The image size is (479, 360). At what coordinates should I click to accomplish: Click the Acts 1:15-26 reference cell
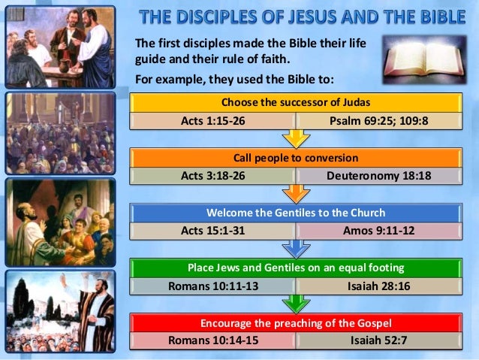213,120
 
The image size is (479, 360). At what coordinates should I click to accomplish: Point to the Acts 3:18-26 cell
213,176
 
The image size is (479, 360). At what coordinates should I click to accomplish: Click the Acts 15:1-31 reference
213,231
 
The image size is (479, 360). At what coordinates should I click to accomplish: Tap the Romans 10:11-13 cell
213,286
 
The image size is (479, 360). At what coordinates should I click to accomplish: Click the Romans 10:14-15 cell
213,340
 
